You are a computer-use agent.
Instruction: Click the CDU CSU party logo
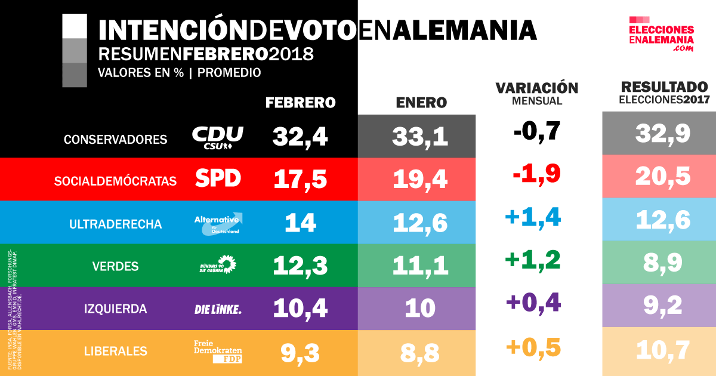point(217,137)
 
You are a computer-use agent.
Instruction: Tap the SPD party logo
point(218,178)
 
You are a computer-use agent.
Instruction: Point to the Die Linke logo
point(218,309)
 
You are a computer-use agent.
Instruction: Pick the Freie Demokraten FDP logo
point(218,351)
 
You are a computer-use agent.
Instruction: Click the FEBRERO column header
point(300,103)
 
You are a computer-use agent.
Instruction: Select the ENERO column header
point(421,103)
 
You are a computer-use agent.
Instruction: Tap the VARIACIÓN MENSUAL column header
point(537,94)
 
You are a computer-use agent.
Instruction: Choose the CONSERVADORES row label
point(115,140)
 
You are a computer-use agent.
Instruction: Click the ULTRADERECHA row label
point(115,224)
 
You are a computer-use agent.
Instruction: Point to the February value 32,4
point(300,137)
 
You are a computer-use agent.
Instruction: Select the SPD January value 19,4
point(420,178)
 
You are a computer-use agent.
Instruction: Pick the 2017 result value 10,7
point(663,351)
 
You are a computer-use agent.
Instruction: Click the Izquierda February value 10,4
point(300,309)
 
